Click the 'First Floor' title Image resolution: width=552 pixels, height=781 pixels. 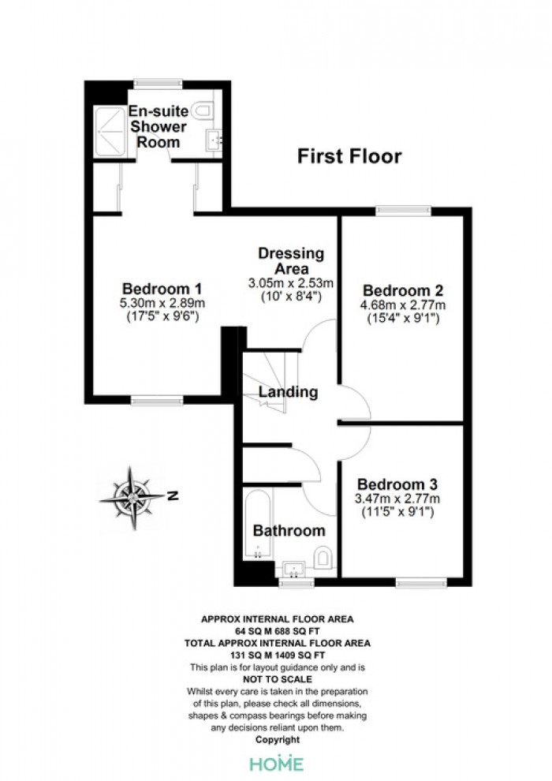[349, 156]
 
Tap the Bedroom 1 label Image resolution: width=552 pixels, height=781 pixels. [162, 289]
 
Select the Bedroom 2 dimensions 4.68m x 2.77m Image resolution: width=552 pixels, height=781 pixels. [403, 305]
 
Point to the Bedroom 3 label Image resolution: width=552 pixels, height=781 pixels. [397, 484]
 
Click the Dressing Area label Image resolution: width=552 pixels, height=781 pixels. [291, 261]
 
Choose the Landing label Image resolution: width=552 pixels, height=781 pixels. [288, 391]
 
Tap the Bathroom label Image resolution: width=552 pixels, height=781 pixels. [289, 530]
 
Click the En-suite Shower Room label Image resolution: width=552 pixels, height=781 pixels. [159, 126]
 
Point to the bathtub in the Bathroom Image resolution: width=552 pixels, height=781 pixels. [257, 525]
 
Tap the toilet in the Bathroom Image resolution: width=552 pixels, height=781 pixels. [323, 558]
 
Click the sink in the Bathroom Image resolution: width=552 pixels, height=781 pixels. [294, 569]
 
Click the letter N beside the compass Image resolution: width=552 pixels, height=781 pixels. [173, 496]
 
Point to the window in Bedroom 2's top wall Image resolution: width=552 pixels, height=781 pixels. [404, 211]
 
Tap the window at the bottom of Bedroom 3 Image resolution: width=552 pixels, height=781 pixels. [422, 581]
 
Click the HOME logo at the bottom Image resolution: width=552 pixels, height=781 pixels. [276, 763]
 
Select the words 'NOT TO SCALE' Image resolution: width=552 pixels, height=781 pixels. [278, 679]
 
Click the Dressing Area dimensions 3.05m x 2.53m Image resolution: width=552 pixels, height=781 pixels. [291, 283]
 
